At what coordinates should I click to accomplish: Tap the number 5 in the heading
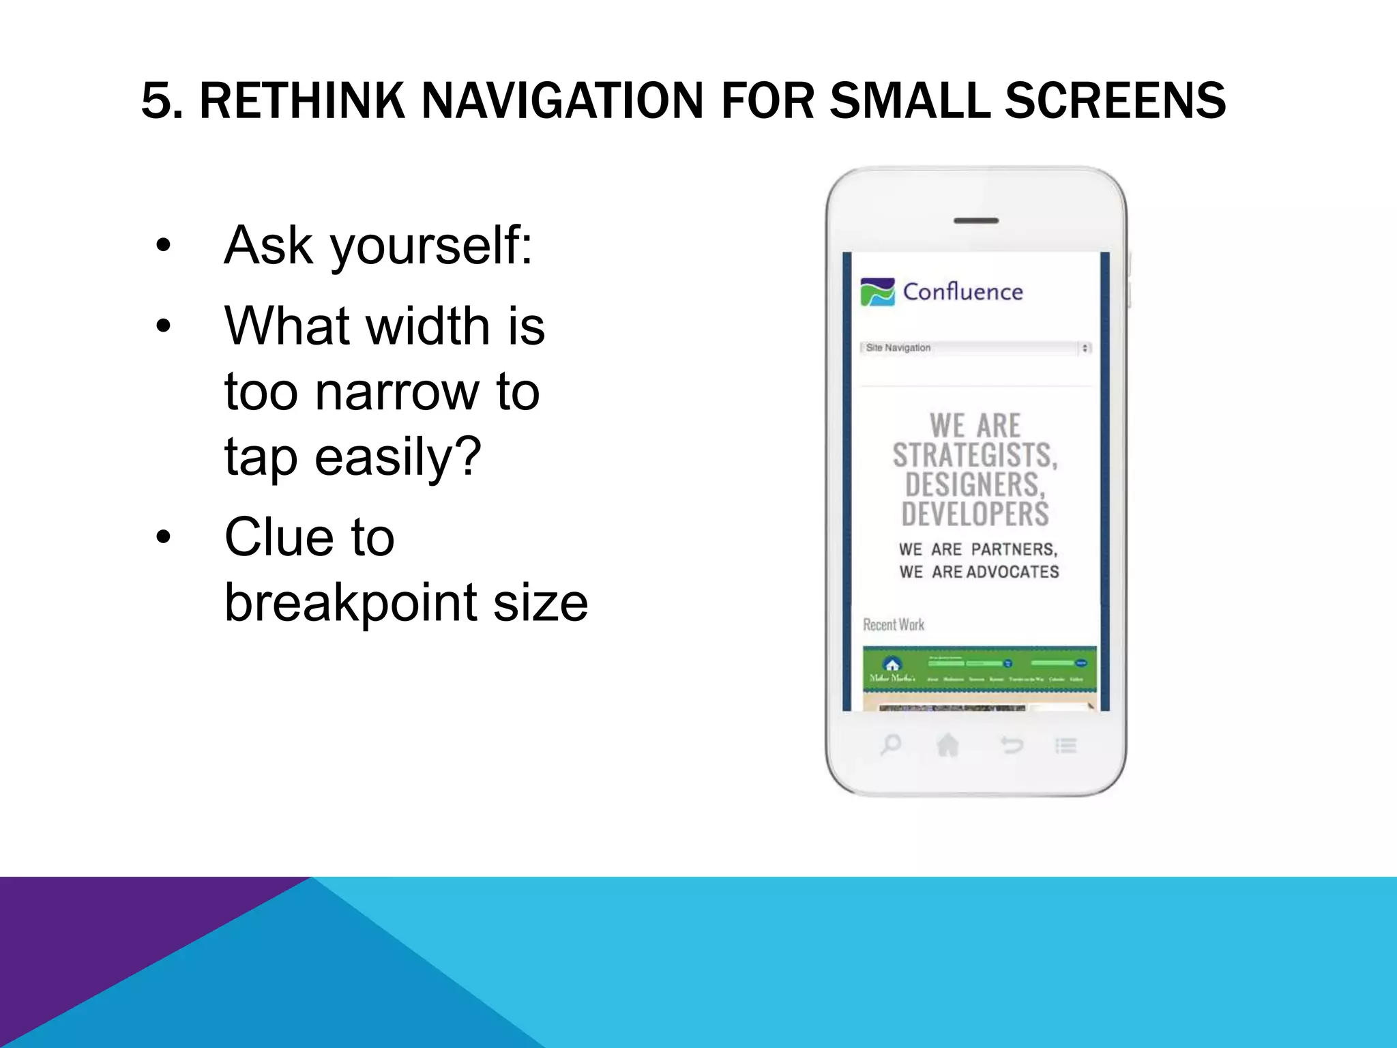point(156,101)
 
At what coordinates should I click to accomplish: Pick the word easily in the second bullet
point(398,457)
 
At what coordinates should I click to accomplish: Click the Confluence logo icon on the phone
point(877,292)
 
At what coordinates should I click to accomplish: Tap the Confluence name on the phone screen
point(962,292)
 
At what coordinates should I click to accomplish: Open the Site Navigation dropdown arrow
point(1085,348)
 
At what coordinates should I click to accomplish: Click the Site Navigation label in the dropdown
point(898,348)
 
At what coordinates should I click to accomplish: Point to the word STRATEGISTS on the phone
point(975,456)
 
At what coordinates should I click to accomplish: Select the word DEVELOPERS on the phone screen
point(975,514)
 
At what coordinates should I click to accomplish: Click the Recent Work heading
point(894,625)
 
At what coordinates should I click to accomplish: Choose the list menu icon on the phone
point(1065,745)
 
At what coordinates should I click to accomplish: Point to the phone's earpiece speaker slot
point(976,221)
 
